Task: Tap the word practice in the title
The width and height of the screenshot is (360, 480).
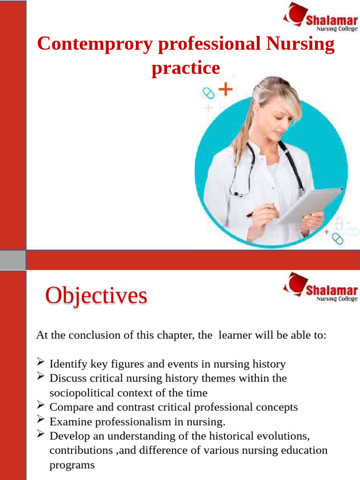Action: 186,68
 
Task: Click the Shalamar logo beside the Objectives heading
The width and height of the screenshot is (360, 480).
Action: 320,287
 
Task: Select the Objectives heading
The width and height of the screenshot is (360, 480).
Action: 96,297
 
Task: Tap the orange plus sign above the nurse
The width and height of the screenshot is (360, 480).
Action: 226,89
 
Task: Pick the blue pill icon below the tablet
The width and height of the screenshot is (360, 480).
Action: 337,240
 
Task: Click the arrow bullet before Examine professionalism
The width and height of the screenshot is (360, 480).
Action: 41,420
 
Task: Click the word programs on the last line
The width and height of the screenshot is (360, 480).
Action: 72,465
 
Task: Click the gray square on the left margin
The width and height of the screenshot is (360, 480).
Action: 13,259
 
